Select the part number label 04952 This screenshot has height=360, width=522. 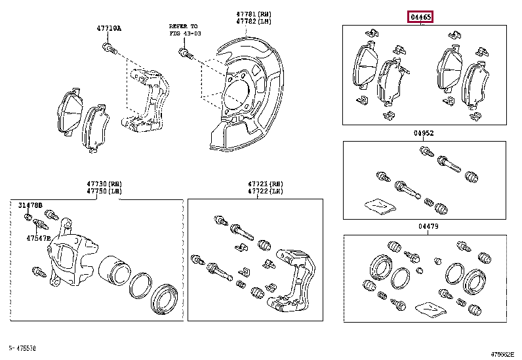[x=424, y=133]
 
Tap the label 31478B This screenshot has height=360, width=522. [x=30, y=205]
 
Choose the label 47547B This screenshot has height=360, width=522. [x=39, y=237]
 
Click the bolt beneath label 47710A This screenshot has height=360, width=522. [x=109, y=47]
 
